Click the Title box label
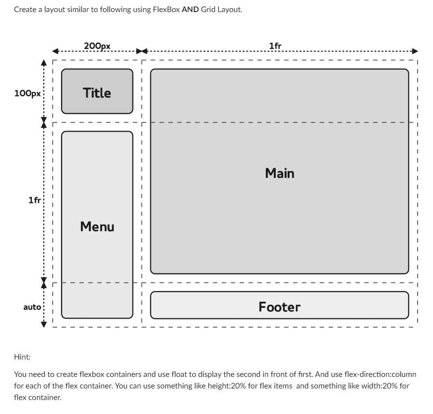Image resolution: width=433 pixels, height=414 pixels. point(97,93)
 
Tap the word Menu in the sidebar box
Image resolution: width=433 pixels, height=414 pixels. point(97,226)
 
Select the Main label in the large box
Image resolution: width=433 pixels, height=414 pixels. point(280,173)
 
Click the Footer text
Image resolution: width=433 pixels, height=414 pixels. point(279,307)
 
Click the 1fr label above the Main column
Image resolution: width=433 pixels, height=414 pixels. point(275,46)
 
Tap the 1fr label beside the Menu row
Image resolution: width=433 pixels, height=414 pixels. point(34,200)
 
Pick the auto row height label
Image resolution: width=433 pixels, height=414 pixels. point(32,307)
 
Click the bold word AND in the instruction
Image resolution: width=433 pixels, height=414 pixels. point(190,9)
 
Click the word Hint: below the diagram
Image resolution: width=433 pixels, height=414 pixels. point(22,357)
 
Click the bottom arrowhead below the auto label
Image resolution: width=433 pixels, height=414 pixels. point(43,324)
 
